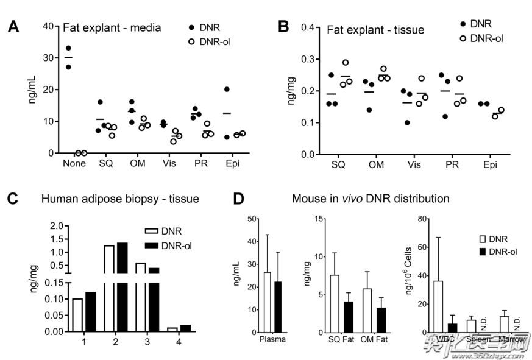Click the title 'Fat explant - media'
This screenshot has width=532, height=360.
pos(112,27)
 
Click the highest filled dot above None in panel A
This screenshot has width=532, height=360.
pos(68,48)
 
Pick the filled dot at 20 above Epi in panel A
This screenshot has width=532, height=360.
pos(227,90)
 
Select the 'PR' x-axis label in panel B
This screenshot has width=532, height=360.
pos(452,164)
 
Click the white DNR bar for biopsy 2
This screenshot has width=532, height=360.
pos(109,286)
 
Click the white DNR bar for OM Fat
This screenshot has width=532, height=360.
pos(367,310)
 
